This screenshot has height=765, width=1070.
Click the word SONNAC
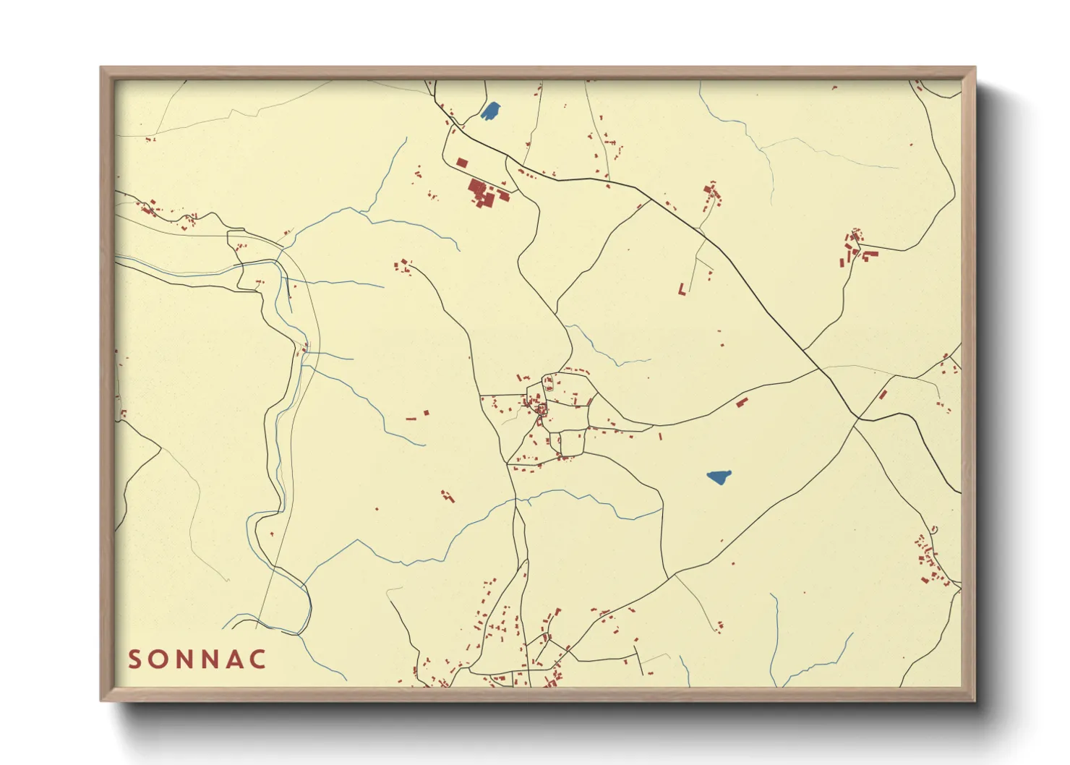[197, 659]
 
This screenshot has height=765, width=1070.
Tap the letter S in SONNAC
[134, 659]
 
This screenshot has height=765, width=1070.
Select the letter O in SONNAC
[158, 659]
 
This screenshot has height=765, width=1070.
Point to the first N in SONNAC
[184, 659]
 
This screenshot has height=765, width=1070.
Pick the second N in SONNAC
[210, 659]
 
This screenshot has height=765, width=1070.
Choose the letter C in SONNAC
[259, 659]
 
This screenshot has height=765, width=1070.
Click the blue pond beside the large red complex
[491, 111]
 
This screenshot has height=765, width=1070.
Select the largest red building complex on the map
[482, 192]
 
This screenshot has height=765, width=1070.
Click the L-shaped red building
[682, 289]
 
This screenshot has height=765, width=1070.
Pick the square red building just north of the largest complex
[462, 163]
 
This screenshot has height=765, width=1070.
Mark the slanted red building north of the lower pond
[741, 402]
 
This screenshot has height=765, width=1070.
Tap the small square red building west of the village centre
[426, 413]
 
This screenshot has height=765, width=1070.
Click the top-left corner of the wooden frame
[101, 68]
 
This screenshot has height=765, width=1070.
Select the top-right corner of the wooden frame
[975, 68]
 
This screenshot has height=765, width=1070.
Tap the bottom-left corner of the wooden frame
[101, 700]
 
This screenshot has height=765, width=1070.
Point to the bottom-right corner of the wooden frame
[975, 700]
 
